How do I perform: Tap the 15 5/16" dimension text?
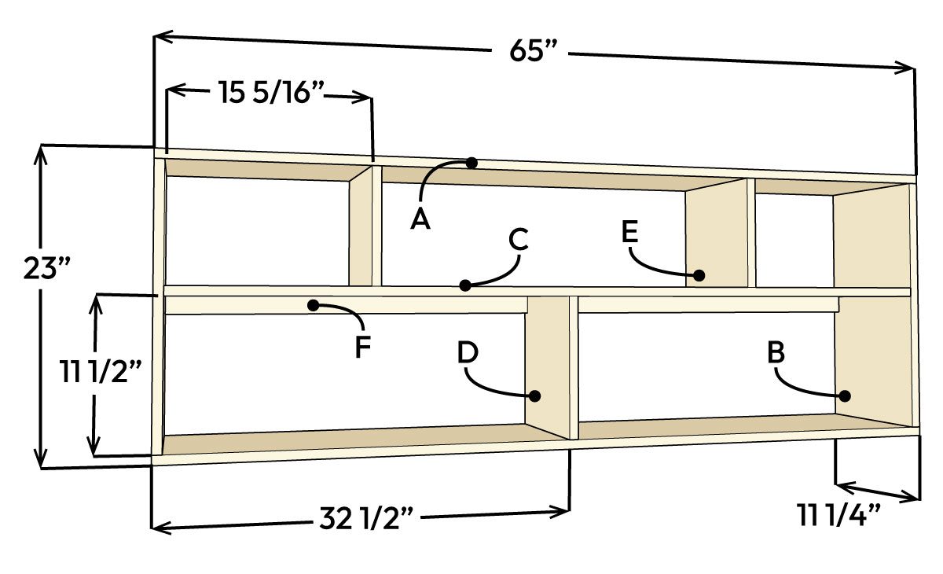271,94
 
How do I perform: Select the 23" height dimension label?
48,269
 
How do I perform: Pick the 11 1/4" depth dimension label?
839,517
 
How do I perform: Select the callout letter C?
519,239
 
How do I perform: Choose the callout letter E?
629,232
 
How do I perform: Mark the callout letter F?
362,347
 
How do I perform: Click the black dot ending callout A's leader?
471,163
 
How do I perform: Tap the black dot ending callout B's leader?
846,396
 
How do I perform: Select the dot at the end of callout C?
466,284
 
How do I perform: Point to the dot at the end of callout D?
535,396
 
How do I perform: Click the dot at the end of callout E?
699,275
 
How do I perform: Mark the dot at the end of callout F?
314,304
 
